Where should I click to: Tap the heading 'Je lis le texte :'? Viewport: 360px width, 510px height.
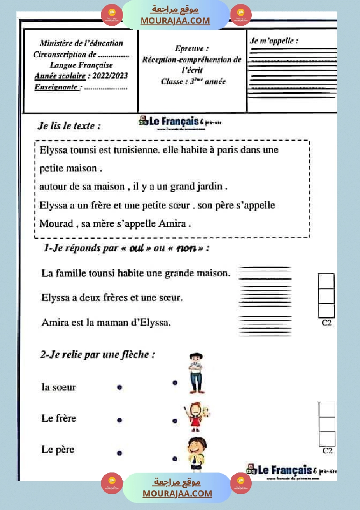tap(69, 126)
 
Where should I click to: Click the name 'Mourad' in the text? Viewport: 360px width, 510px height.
tap(56, 224)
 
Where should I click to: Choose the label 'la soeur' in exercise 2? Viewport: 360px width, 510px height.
tap(58, 387)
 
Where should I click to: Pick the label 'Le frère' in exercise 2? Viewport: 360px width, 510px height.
tap(59, 418)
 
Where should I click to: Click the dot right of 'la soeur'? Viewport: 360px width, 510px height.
tap(120, 387)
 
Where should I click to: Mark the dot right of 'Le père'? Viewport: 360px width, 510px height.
tap(120, 453)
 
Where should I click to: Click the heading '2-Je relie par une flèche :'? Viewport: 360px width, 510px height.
tap(98, 355)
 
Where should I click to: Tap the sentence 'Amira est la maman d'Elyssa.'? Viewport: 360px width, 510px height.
tap(106, 323)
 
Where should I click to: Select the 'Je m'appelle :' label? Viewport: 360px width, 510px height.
tap(274, 41)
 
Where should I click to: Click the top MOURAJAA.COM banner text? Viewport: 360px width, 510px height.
tap(175, 21)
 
